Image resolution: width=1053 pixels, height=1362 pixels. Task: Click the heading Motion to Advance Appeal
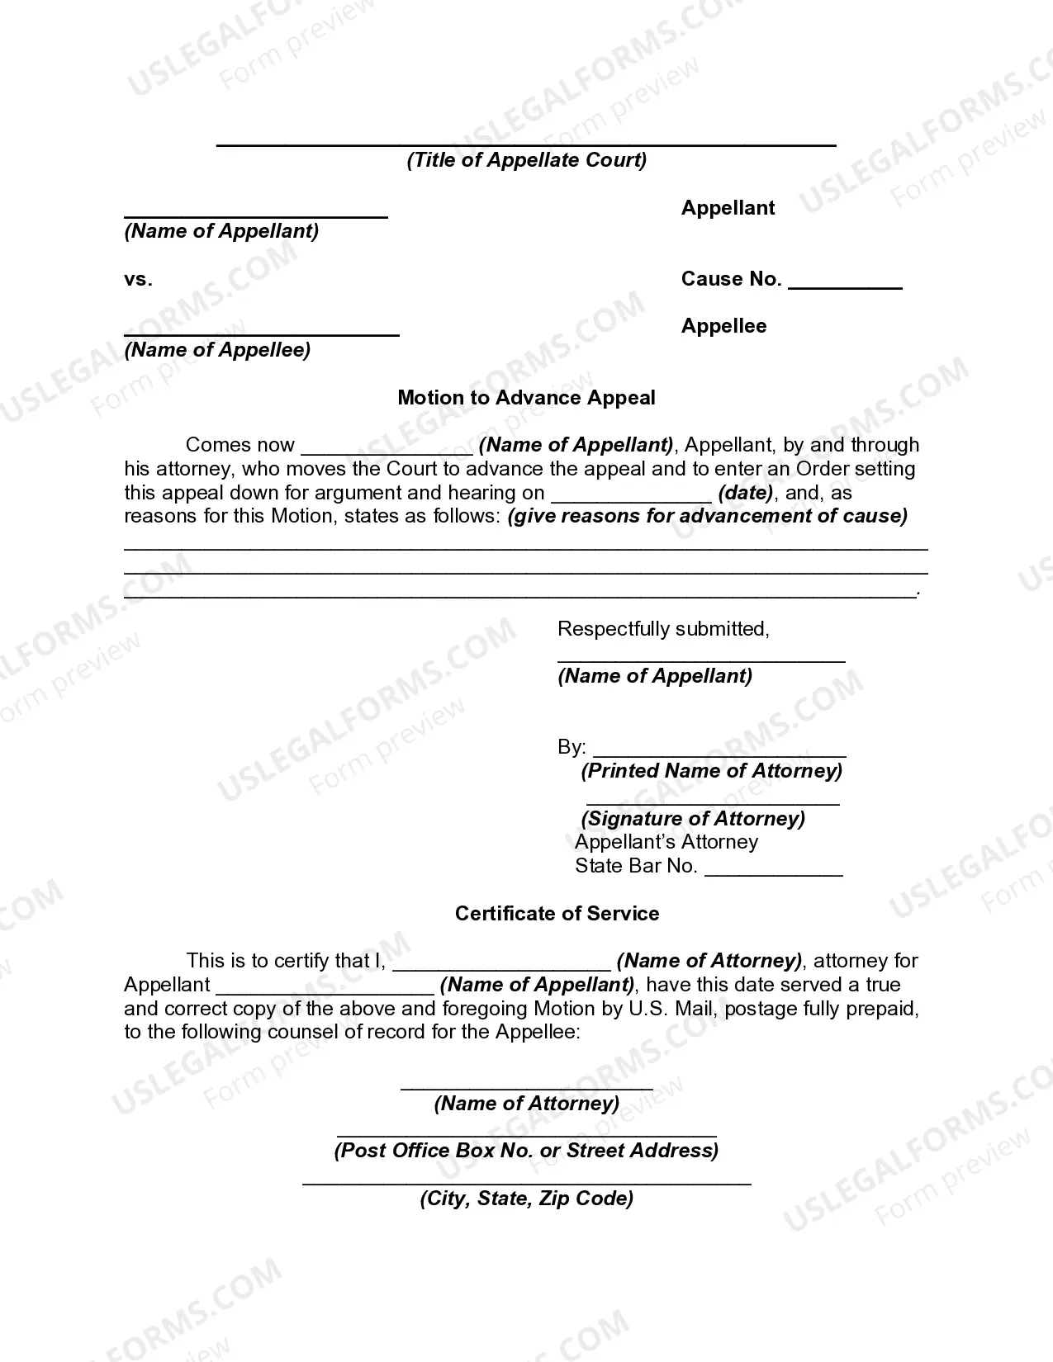pos(526,398)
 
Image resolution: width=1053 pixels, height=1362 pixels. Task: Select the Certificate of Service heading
pos(557,914)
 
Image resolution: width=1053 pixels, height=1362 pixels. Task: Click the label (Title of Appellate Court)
pos(526,160)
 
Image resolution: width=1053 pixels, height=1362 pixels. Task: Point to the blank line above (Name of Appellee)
pos(261,334)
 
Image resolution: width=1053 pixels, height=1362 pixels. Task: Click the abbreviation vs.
pos(138,279)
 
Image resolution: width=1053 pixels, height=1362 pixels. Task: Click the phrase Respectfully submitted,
pos(663,629)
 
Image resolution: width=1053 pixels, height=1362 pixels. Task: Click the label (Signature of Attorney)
pos(693,818)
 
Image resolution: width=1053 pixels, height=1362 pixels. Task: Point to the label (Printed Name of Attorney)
pos(711,771)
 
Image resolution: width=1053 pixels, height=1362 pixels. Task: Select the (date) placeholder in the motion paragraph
pos(746,493)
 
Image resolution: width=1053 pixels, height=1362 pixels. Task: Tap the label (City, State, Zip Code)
pos(526,1199)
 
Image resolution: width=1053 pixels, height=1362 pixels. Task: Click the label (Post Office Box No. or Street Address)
pos(526,1151)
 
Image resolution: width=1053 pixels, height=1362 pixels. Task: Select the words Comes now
pos(240,445)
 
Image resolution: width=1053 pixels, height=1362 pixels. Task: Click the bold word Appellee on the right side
pos(723,326)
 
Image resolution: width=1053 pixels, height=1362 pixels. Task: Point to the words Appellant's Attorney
pos(666,842)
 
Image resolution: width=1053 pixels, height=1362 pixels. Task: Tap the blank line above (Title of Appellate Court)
pos(526,144)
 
